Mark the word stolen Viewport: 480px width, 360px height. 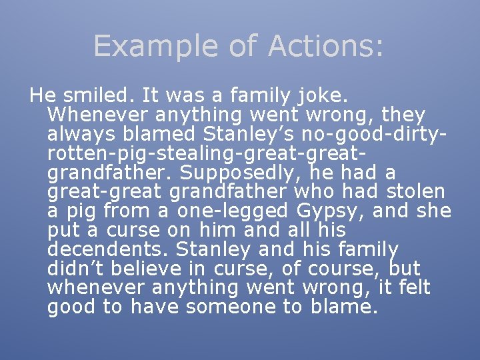click(x=416, y=192)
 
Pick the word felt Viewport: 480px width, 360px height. click(x=415, y=288)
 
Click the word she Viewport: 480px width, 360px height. click(x=434, y=211)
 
